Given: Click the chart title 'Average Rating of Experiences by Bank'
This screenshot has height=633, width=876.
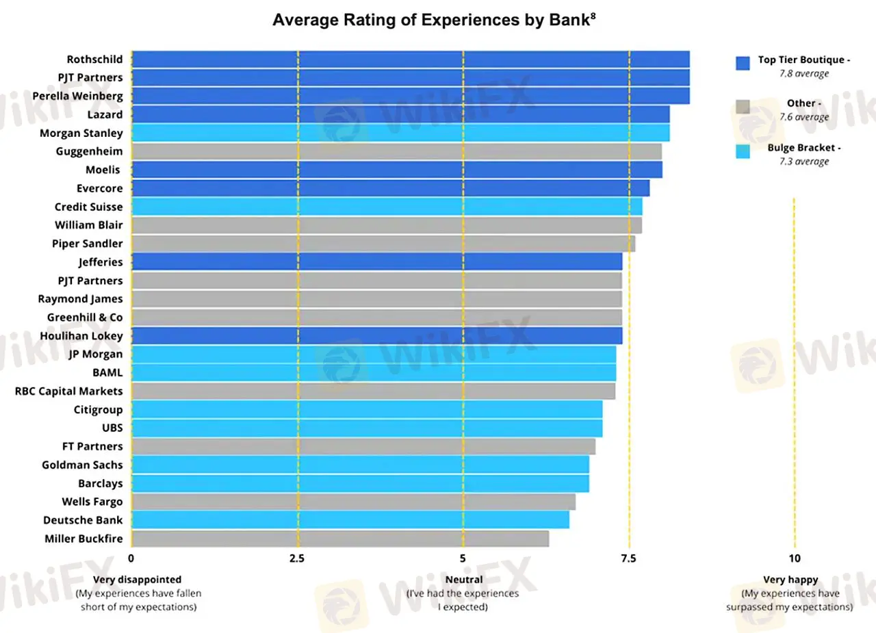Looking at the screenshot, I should point(435,20).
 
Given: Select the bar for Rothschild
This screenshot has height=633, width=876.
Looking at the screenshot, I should point(410,60).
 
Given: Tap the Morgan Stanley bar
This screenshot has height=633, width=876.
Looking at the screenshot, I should point(400,133).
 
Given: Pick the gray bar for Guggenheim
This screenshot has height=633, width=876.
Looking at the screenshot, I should point(396,151).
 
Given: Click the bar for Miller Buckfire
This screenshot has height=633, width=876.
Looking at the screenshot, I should point(340,539).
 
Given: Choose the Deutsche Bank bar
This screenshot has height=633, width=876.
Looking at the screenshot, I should point(350,520).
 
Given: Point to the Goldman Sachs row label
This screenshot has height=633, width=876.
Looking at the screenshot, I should point(82,465).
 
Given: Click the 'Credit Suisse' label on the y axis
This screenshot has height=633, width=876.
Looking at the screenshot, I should point(89,207).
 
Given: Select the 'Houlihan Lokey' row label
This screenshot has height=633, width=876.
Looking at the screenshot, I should point(81,335).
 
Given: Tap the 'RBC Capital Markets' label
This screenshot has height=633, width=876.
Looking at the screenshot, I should point(69,391).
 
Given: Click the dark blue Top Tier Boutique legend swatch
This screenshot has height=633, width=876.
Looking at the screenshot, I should point(743,63).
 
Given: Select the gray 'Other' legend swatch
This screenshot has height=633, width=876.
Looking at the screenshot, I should point(743,107).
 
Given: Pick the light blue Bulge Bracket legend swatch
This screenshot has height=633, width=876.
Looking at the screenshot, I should point(743,151).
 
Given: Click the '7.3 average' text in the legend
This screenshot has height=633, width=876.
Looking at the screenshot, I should point(804,162).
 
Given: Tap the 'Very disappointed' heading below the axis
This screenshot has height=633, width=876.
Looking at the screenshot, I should point(138,580).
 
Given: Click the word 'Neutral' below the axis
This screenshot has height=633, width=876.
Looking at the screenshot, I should point(464,580).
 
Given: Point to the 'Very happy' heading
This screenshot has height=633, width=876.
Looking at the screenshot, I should point(790,580).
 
